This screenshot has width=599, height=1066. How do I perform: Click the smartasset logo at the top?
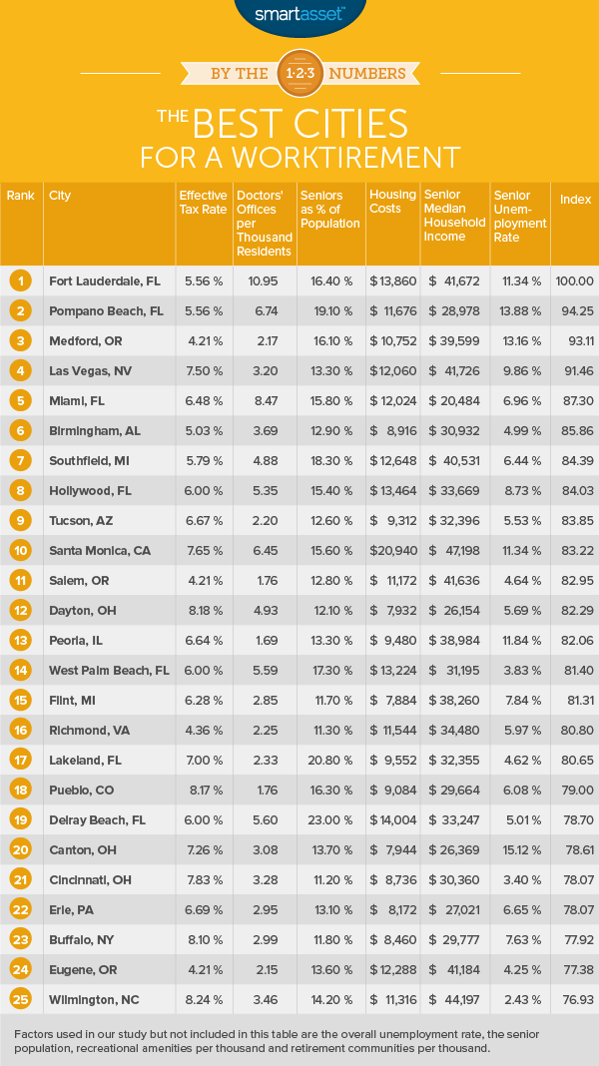tap(299, 14)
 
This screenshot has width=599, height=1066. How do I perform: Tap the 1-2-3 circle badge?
tap(299, 72)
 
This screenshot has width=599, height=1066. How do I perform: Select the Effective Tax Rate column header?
tap(201, 202)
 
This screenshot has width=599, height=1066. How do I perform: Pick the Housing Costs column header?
tap(384, 202)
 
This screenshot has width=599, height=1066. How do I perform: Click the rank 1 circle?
tap(21, 281)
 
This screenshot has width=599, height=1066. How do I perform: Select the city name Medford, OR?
tap(86, 341)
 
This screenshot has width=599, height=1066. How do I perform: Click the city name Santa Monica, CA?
tap(98, 550)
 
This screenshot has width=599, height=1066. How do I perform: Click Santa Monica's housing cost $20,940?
tap(390, 550)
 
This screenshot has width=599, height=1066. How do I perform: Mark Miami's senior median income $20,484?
tap(454, 401)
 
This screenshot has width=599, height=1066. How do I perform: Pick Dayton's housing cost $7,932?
tap(390, 609)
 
